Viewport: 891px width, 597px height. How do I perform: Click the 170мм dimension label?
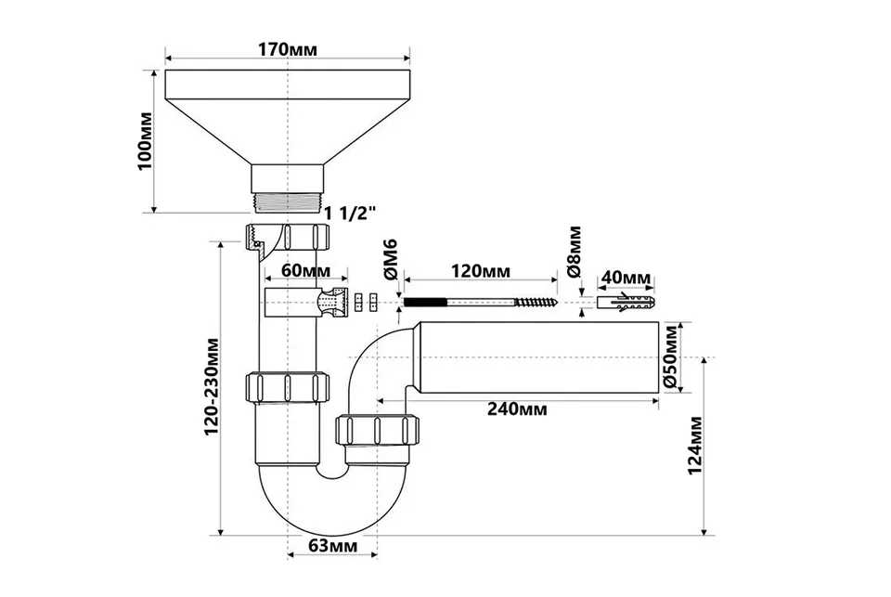tap(288, 49)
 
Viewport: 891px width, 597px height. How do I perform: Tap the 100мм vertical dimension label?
tap(145, 141)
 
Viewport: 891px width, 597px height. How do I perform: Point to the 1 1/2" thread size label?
tap(351, 214)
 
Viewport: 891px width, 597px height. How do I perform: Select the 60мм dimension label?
tap(305, 270)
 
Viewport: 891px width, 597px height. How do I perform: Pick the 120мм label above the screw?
tap(480, 270)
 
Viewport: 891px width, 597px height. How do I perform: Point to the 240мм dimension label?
tap(517, 409)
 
